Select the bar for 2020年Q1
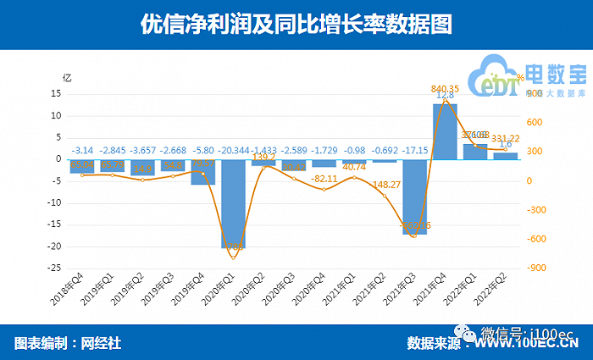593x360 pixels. tap(233, 203)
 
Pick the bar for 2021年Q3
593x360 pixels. tap(414, 196)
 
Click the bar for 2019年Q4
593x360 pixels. tap(202, 172)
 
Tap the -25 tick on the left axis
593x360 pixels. tap(53, 268)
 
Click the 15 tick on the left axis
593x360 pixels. tap(55, 93)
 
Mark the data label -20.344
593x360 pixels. tap(233, 151)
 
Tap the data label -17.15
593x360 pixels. tap(415, 151)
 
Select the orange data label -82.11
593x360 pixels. tap(324, 180)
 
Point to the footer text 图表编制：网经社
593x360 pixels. tap(68, 342)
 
